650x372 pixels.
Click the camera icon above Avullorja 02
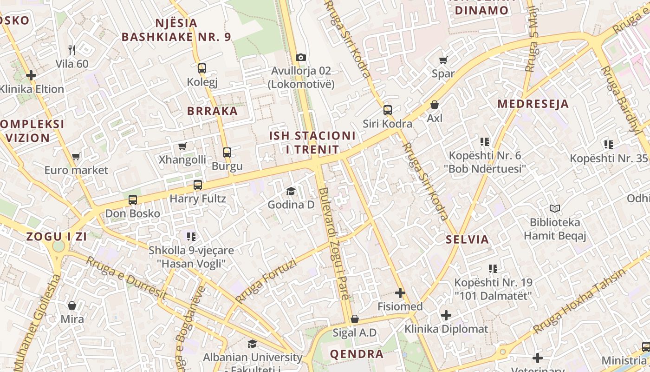[301, 57]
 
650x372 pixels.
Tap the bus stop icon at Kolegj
[201, 68]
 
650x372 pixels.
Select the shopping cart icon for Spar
[443, 60]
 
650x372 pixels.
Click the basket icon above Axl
[435, 105]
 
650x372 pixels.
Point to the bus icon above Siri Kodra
[388, 110]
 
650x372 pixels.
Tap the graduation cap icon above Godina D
[291, 191]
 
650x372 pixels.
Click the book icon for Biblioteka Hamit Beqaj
[554, 208]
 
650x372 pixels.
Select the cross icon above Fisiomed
[400, 293]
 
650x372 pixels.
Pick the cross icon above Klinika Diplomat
[446, 315]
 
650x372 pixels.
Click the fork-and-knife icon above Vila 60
[72, 50]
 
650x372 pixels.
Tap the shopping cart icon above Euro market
[76, 157]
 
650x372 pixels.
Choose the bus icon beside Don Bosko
[133, 200]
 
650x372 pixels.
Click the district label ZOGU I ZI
[57, 236]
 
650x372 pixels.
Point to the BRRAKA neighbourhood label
[212, 111]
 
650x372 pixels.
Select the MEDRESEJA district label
[533, 104]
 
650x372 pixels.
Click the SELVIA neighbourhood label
[467, 239]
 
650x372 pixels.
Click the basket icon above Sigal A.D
[355, 319]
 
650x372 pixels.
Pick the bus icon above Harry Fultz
[198, 185]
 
